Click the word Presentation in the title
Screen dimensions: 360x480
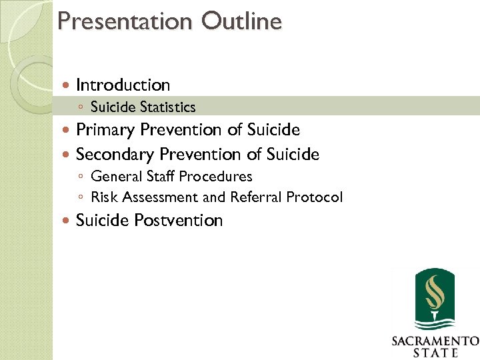tap(124, 21)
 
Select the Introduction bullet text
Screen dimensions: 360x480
tap(123, 85)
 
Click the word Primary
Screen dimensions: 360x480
tap(106, 130)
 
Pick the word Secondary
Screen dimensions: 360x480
tap(115, 155)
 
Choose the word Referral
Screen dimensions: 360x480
tap(255, 197)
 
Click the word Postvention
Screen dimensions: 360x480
tap(179, 221)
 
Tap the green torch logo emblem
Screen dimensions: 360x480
tap(434, 299)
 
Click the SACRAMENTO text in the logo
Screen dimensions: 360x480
tap(434, 341)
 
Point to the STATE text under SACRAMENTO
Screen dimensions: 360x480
tap(434, 353)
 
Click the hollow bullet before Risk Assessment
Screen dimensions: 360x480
tap(80, 198)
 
